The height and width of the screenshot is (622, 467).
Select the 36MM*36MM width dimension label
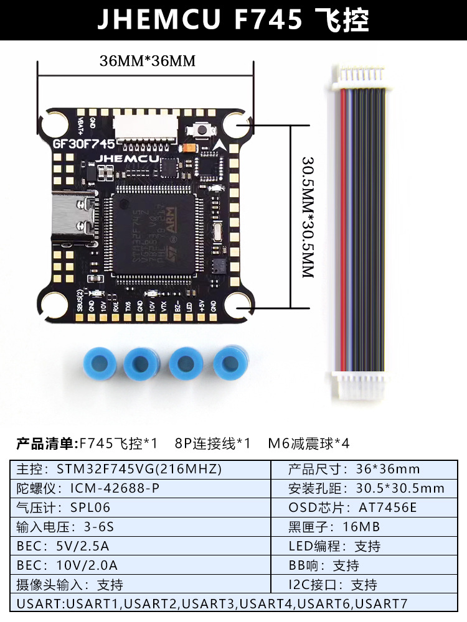click(148, 61)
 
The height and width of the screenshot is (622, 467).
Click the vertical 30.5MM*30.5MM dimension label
click(307, 216)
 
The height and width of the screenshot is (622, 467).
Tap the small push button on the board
click(202, 129)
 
